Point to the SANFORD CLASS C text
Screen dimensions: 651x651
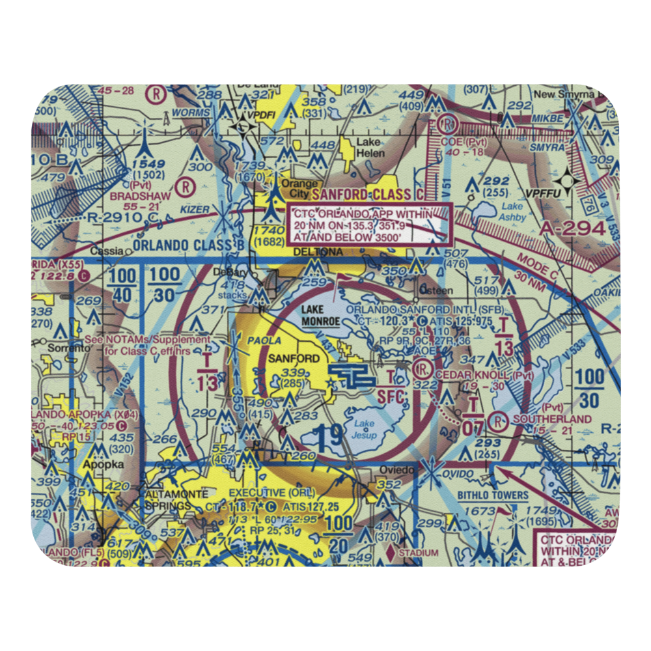coord(370,194)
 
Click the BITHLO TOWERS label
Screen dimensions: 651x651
coord(492,495)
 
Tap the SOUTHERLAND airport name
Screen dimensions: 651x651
coord(551,419)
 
